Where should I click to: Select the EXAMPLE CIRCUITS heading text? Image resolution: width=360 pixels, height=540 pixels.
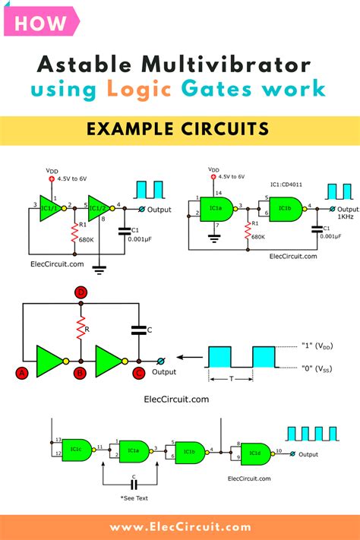179,130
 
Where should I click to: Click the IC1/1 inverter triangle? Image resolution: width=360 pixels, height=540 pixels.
49,206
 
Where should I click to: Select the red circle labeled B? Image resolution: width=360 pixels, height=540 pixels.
79,372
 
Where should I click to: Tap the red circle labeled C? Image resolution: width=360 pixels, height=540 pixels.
137,372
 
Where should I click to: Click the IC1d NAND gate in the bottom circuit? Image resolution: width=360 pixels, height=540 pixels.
251,453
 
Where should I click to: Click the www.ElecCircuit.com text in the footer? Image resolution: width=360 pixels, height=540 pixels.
179,526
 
